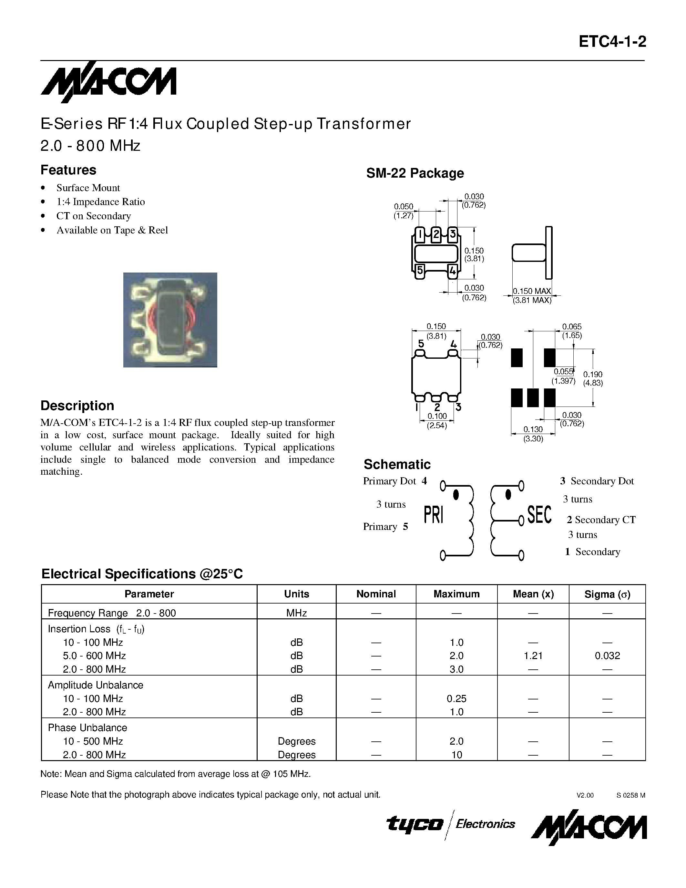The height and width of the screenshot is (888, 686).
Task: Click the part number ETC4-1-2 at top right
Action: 612,42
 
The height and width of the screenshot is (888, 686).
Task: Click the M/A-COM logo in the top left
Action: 108,81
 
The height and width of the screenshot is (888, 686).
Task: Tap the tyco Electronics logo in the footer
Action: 450,824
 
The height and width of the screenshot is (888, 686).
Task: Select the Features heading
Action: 68,170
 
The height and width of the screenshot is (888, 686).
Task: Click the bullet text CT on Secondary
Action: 94,216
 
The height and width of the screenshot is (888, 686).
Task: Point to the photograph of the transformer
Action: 170,320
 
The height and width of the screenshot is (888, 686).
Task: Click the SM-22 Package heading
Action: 415,173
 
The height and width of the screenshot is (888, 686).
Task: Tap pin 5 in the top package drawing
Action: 420,270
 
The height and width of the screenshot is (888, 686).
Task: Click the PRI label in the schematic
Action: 433,515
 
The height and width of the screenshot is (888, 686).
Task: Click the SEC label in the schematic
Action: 539,515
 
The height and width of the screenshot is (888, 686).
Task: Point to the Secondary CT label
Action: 601,520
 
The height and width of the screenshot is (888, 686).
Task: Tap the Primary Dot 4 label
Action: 394,481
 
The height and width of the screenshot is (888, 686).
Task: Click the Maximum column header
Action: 456,594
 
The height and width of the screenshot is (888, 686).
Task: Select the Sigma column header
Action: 607,594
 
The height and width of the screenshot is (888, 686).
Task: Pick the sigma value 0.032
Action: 607,656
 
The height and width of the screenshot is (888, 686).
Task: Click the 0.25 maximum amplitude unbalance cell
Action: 456,698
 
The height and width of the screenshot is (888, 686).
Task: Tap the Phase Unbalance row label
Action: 87,728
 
